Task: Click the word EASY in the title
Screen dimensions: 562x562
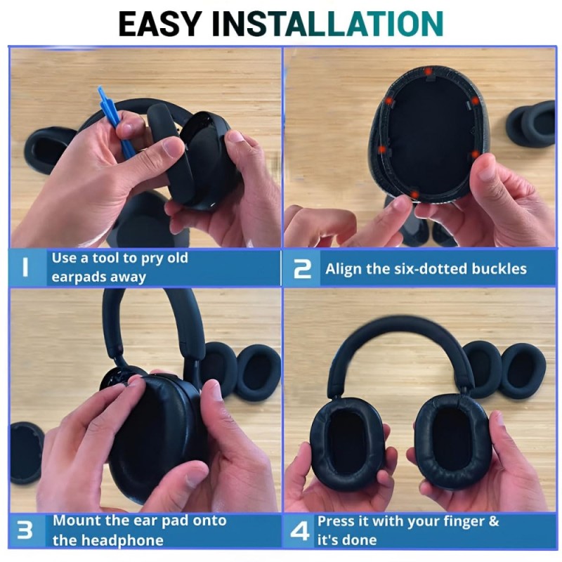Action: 159,24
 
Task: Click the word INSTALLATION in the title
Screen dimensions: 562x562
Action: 327,24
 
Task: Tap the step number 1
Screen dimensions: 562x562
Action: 25,268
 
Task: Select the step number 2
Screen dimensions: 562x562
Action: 302,269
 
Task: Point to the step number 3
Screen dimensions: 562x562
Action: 25,530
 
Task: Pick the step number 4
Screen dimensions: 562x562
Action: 300,530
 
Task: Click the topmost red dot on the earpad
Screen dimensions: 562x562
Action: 428,72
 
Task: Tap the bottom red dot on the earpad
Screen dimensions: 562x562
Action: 414,195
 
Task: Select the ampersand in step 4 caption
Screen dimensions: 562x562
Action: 493,521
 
